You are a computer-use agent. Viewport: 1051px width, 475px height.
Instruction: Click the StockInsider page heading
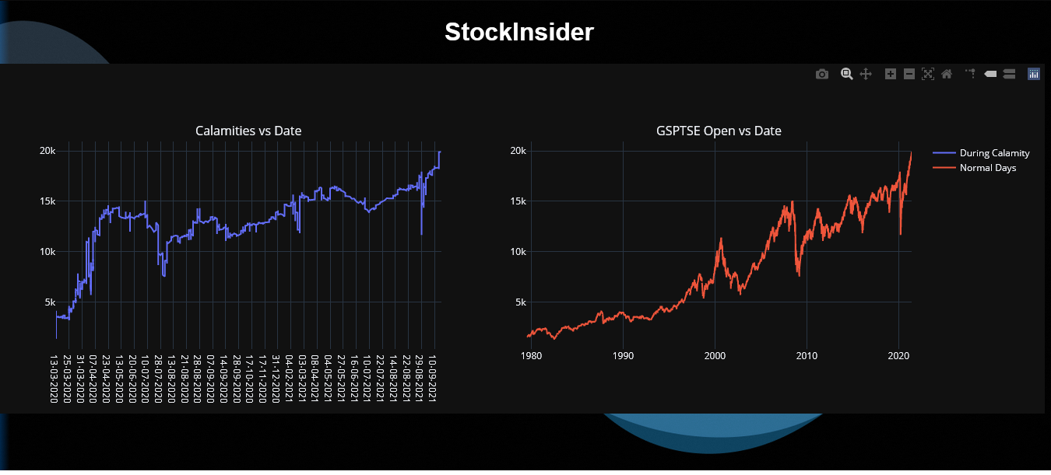[519, 32]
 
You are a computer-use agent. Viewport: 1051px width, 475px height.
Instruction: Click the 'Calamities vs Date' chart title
[248, 131]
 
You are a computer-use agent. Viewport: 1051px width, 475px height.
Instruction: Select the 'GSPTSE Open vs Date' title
[719, 131]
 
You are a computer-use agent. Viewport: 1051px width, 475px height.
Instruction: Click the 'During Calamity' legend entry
[994, 153]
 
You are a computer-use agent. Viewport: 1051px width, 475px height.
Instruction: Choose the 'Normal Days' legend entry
[987, 167]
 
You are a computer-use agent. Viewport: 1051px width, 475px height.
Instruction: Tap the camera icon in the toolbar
[822, 74]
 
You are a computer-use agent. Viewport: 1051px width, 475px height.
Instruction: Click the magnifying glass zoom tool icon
[846, 74]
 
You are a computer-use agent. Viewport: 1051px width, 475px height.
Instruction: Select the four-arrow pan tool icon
[865, 74]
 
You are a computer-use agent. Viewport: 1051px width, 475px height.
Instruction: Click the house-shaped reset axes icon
[947, 74]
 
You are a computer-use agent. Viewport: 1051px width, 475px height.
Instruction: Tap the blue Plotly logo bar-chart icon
[1034, 74]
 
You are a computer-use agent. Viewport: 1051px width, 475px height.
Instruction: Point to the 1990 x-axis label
[623, 355]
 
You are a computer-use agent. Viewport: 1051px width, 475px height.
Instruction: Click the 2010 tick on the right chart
[807, 355]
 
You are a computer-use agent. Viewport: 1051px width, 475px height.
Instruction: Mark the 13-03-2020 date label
[54, 379]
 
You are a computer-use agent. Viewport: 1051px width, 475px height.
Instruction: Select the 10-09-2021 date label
[433, 379]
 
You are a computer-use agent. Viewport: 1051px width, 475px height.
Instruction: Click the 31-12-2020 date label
[276, 379]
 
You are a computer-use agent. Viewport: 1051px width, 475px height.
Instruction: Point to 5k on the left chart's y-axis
[49, 302]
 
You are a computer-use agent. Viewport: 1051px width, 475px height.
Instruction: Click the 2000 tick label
[715, 355]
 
